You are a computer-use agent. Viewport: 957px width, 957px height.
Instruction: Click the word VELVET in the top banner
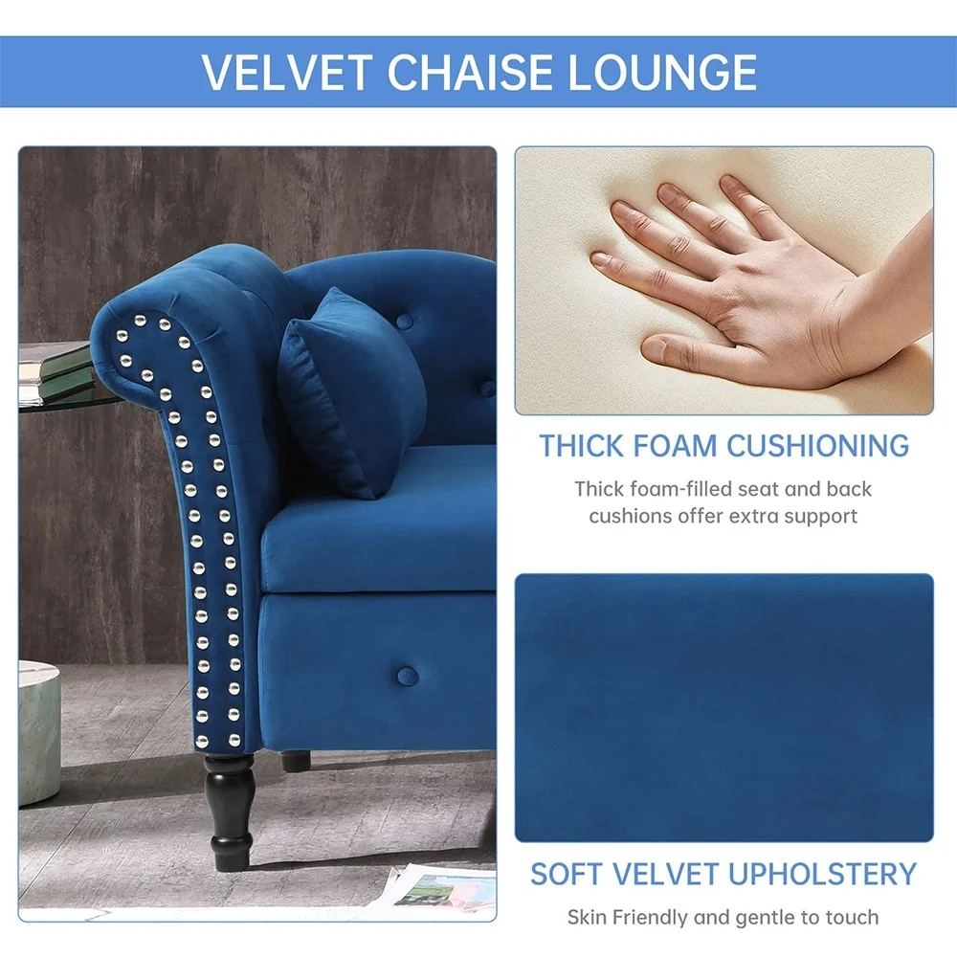tap(286, 72)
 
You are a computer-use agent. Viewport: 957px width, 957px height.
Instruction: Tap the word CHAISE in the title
tap(469, 72)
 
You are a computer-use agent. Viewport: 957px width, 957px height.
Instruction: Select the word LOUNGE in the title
tap(662, 72)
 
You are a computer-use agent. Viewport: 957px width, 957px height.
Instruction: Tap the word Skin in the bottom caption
tap(588, 917)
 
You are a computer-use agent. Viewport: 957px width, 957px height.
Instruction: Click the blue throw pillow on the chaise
tap(351, 390)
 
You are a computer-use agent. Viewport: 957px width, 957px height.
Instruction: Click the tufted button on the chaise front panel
tap(407, 675)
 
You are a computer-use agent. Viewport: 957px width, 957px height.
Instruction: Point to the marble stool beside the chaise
tap(39, 732)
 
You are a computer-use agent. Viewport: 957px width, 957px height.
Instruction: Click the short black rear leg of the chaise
tap(296, 761)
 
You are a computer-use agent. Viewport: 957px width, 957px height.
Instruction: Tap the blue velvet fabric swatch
tap(723, 707)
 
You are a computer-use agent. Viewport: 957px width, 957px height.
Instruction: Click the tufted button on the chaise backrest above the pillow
tap(405, 321)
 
